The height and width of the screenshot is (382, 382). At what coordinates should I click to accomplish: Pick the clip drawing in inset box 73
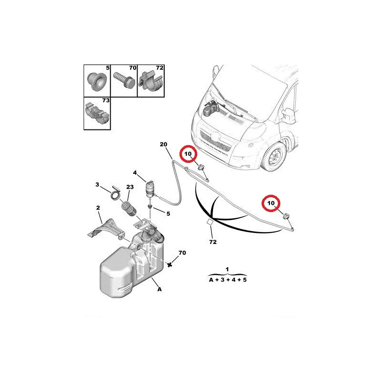pos(97,113)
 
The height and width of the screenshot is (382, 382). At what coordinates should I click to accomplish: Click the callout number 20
pos(163,144)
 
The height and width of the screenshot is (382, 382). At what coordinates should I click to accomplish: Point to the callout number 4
pos(135,173)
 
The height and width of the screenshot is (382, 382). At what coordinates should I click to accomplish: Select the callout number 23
pos(130,187)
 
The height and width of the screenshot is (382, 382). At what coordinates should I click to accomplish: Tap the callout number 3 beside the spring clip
pos(97,184)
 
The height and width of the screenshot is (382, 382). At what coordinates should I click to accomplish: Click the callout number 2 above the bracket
pos(98,208)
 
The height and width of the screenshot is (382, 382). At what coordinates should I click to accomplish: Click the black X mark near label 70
pos(170,265)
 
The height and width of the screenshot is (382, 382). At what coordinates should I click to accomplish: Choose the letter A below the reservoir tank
pos(159,289)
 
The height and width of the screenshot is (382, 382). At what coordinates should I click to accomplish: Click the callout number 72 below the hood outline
pos(212,242)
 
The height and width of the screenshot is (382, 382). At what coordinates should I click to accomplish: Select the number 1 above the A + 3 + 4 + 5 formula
pos(227,269)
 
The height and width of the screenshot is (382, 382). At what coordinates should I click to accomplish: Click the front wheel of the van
pos(274,156)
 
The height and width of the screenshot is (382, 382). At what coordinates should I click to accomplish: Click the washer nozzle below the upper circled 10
pos(201,168)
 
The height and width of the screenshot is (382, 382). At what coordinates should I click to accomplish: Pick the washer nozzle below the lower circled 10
pos(286,216)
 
